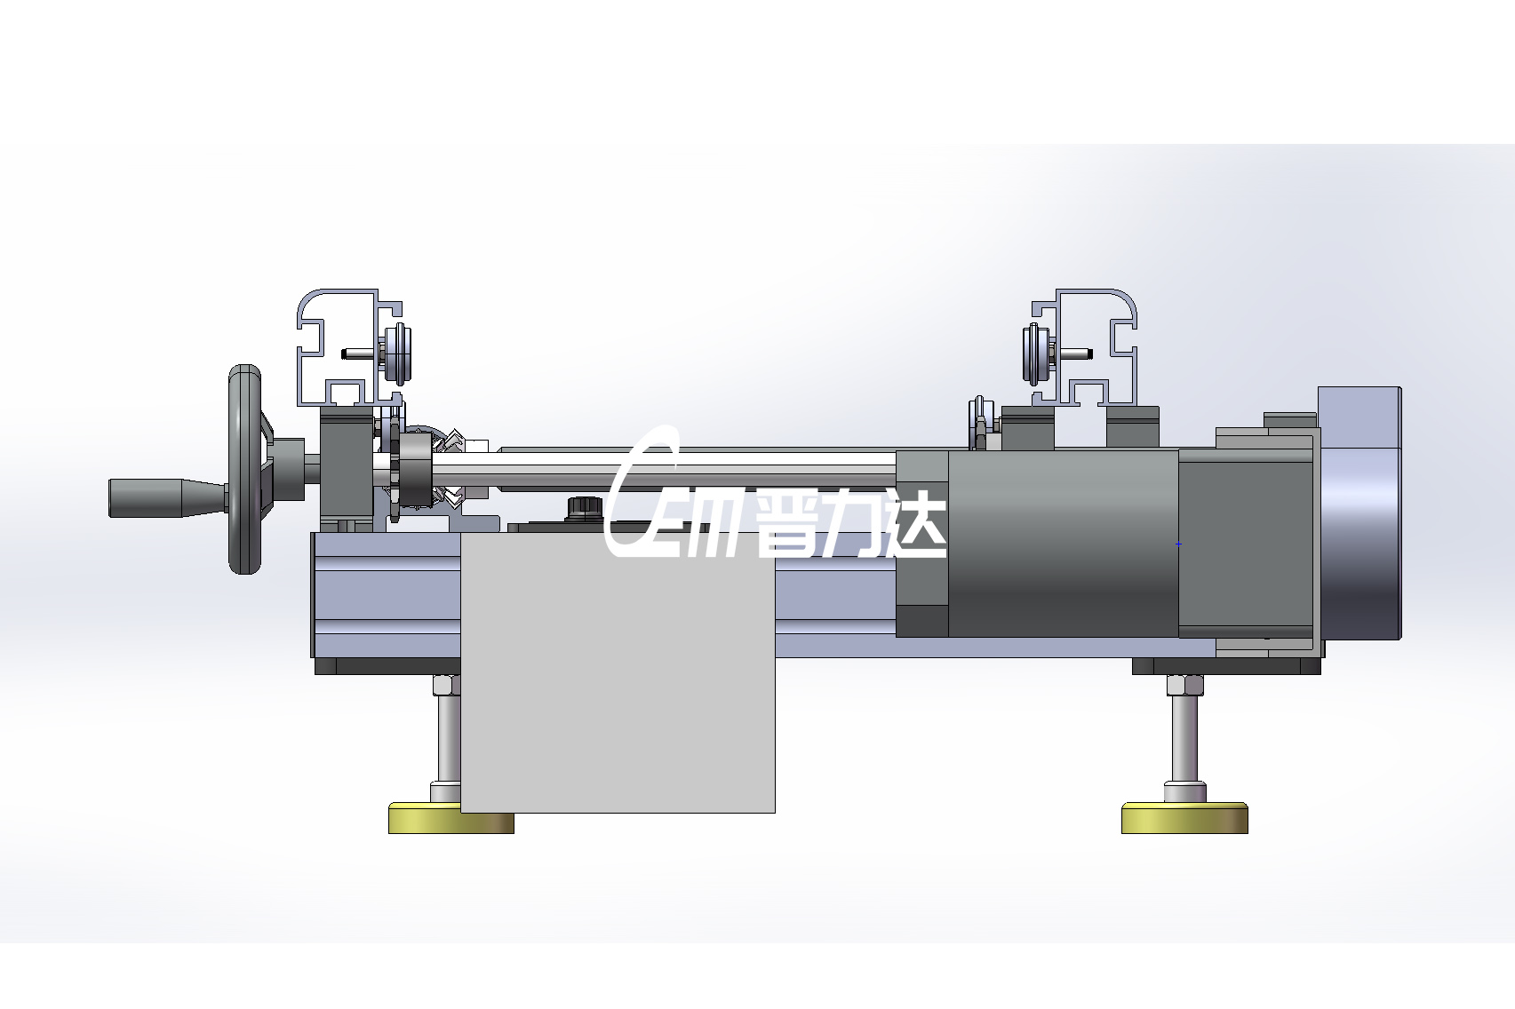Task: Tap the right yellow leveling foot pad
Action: (x=1184, y=818)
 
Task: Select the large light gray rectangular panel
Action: (x=618, y=673)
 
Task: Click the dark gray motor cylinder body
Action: (x=1064, y=544)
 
